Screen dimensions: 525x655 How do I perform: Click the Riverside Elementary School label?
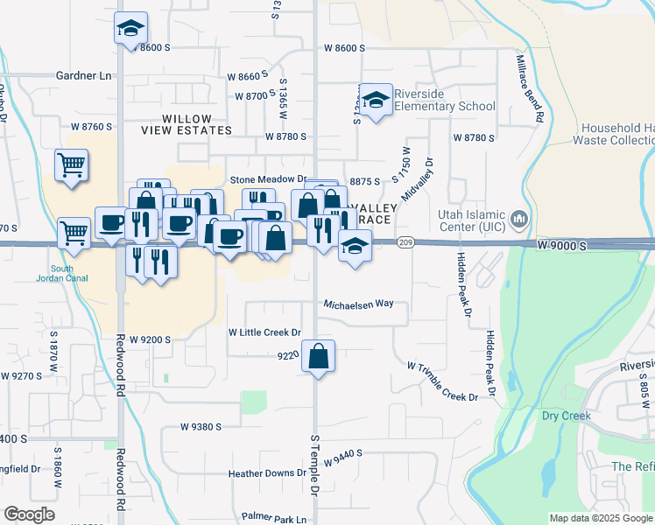(444, 101)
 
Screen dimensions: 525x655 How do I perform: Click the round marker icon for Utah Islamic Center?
(518, 217)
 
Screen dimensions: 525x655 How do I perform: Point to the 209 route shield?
(405, 242)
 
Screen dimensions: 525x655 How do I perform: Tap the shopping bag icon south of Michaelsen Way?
(319, 356)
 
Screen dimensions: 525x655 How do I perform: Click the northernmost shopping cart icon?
(71, 164)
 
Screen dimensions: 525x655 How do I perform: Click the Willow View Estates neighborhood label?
(186, 124)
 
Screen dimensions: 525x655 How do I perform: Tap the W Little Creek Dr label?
(264, 332)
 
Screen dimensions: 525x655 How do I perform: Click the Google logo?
(29, 514)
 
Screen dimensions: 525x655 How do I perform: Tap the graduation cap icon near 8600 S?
(130, 29)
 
